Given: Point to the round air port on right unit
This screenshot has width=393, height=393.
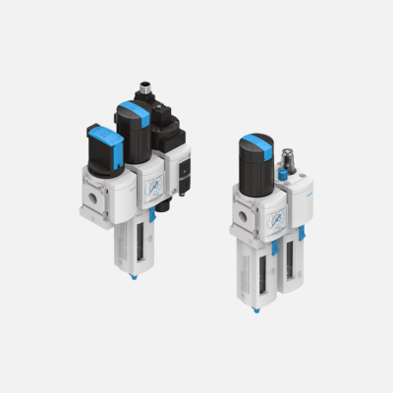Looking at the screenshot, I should (x=241, y=210).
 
